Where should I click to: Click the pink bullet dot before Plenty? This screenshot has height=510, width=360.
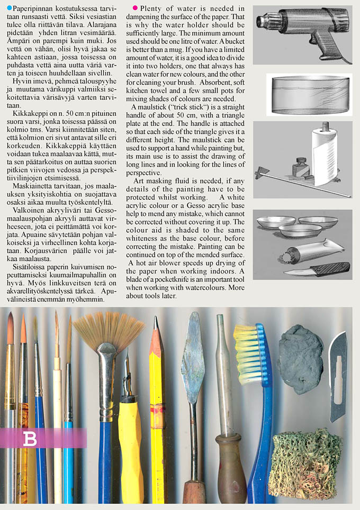coord(136,8)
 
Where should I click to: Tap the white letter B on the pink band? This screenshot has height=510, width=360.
coord(31,439)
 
